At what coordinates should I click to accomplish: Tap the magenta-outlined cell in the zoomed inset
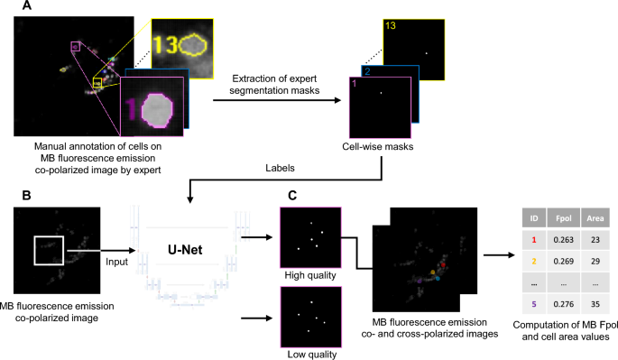[157, 110]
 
